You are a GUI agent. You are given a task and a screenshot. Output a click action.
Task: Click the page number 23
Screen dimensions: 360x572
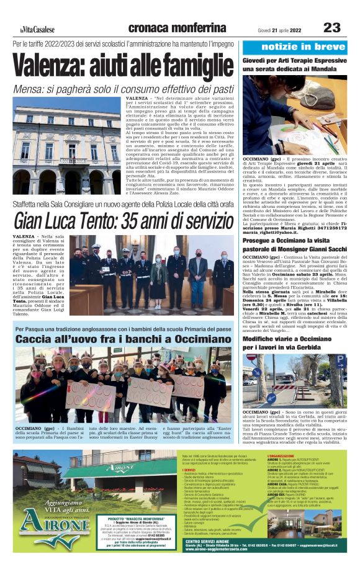click(333, 27)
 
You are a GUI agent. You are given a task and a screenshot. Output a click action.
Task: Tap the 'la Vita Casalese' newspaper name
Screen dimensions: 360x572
click(37, 30)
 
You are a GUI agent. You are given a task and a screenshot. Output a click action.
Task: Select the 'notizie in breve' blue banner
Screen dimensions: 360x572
click(299, 47)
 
